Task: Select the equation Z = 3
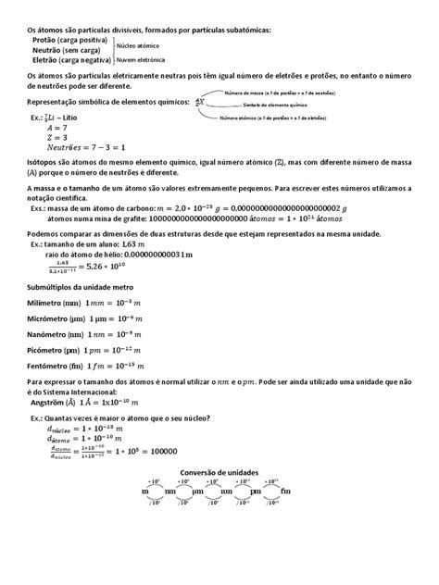(57, 138)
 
